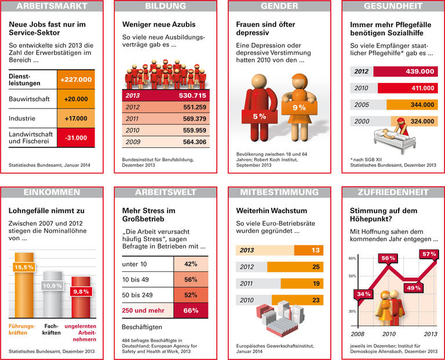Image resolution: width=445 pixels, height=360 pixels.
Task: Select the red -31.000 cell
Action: coord(76,138)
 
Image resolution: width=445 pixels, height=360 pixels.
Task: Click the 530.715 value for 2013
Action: coord(191,95)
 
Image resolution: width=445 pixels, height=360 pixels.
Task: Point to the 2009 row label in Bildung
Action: coord(134,142)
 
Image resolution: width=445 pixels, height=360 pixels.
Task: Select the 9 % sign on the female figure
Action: coord(298,107)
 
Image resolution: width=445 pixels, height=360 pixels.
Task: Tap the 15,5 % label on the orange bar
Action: coord(24,267)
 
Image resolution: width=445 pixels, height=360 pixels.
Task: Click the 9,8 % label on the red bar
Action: coord(81,291)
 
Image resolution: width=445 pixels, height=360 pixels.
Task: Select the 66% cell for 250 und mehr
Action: coord(191,311)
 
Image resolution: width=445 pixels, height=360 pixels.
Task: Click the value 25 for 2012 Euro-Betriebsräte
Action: coord(316,267)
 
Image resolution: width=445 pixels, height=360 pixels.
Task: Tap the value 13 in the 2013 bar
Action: coord(316,250)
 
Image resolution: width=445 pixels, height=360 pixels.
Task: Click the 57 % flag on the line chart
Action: coord(429,254)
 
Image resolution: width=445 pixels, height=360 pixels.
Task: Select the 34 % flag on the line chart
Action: coord(364,294)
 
